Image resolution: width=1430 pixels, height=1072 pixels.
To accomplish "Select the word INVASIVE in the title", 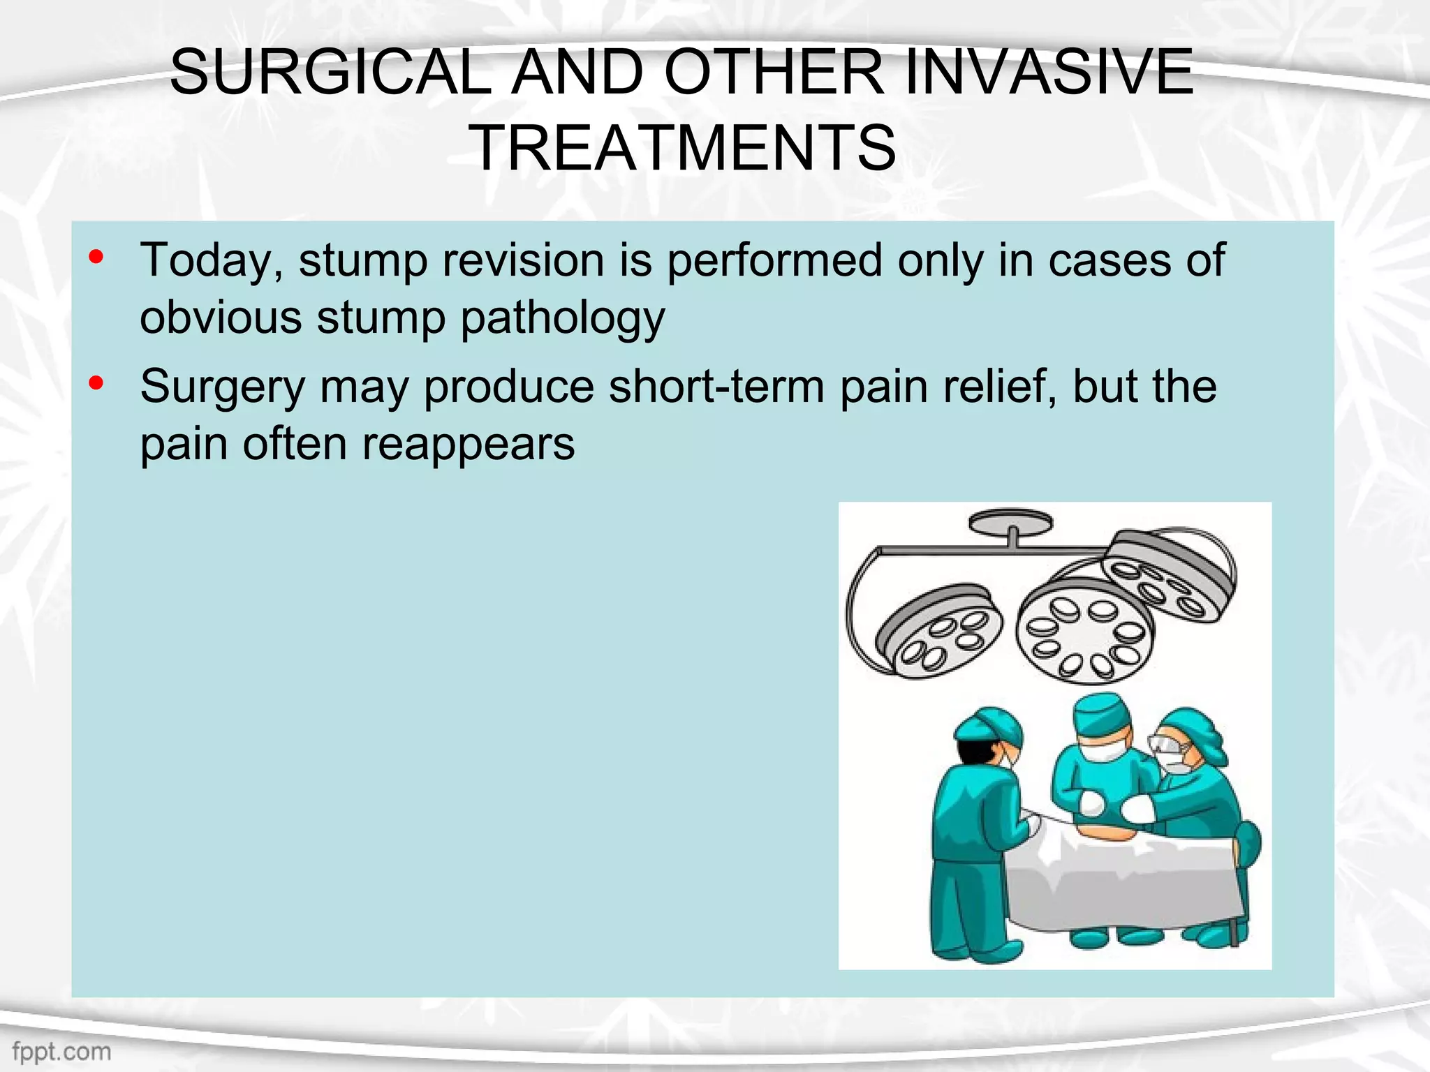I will click(x=1048, y=73).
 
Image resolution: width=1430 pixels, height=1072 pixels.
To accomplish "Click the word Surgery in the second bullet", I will click(x=222, y=387).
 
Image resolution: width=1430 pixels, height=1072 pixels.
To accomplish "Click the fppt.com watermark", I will click(x=61, y=1051).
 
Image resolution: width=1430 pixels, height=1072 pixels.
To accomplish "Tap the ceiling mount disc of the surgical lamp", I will click(x=1010, y=521).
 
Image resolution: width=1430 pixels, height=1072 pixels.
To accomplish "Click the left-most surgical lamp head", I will click(x=938, y=632).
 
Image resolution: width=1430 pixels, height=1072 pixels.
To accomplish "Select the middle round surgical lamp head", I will click(x=1084, y=630).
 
